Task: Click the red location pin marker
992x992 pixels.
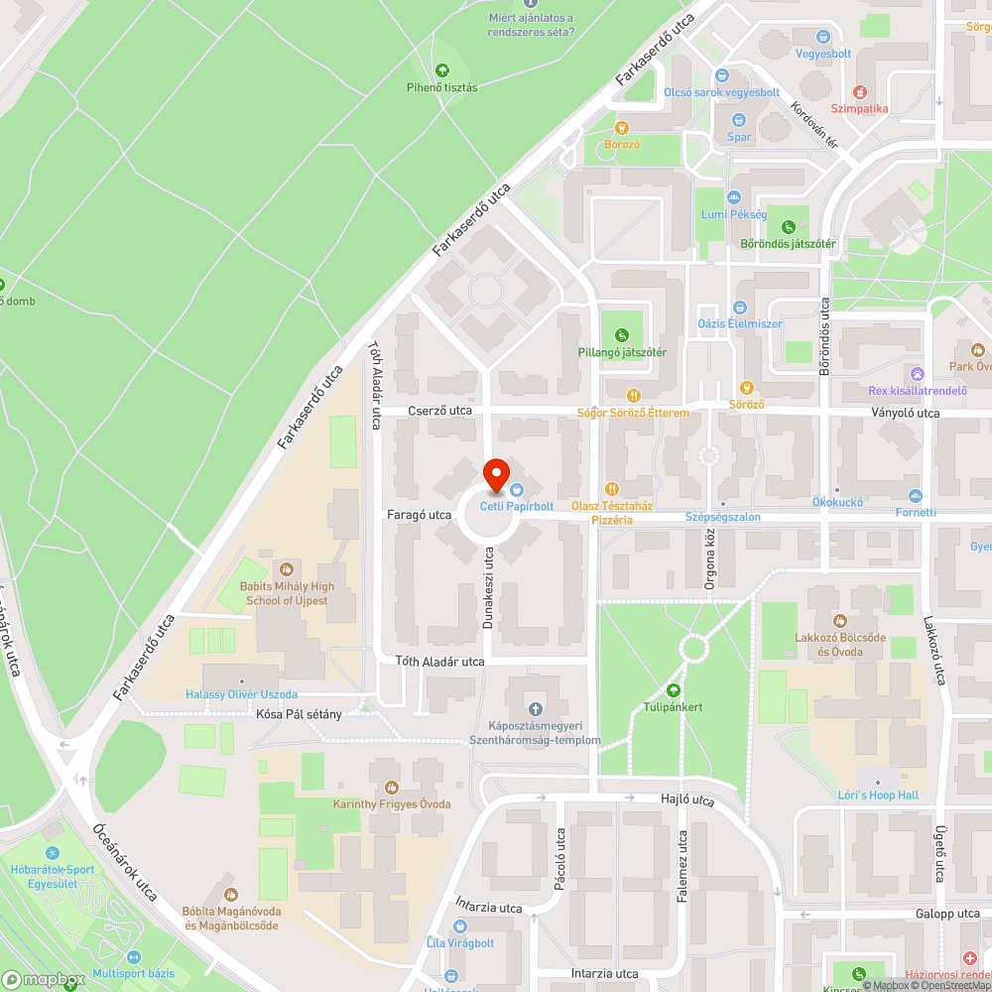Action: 496,474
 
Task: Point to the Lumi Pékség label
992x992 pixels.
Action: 734,214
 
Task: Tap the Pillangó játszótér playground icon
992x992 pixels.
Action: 622,334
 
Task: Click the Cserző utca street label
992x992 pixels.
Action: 439,411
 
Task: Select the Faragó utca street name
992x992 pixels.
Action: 420,516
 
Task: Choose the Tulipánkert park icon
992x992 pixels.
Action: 675,690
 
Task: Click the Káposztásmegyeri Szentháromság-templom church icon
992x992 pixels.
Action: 536,708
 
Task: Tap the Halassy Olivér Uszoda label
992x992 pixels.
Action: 241,694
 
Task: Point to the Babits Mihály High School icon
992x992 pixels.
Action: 287,569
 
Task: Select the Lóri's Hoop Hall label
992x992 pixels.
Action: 877,796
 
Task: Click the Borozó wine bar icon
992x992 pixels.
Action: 622,127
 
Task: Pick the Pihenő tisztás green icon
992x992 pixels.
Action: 441,69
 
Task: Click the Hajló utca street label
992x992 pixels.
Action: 687,799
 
